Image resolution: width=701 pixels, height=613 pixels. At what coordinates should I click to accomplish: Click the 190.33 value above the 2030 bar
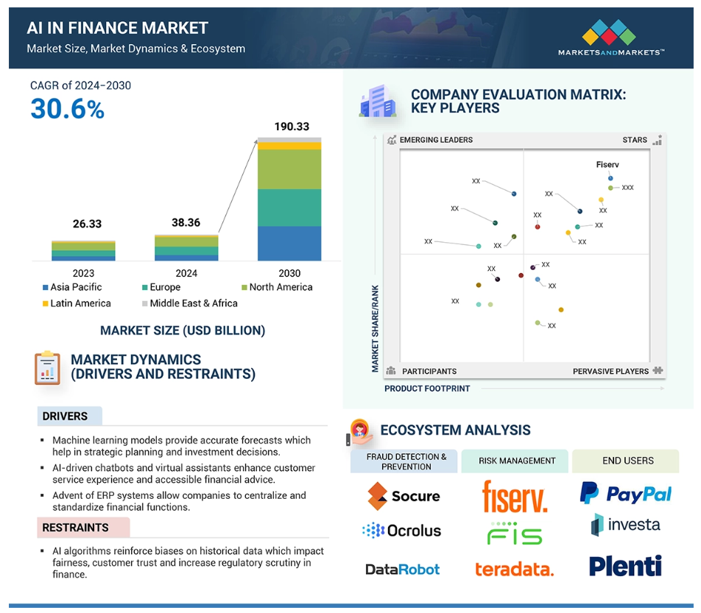(292, 127)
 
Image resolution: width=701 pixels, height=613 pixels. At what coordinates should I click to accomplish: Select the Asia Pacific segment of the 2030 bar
(289, 244)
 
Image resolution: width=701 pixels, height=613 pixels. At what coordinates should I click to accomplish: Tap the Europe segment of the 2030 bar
(289, 208)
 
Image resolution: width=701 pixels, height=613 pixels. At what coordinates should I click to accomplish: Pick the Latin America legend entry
(77, 303)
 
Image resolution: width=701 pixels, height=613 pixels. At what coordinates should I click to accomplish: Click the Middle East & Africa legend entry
(189, 303)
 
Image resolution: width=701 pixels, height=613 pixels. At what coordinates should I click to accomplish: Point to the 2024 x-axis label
(186, 273)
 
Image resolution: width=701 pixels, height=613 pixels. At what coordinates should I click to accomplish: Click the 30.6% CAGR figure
(68, 109)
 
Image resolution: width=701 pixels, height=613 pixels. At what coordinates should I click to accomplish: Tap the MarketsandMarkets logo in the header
(610, 38)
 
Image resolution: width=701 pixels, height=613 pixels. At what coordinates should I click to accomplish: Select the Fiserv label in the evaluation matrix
(607, 164)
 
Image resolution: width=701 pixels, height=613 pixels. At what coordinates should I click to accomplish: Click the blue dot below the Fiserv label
(610, 178)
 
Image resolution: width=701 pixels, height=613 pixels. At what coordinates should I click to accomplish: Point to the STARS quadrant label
(635, 140)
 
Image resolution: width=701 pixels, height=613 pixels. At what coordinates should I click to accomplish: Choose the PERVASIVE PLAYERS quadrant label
(610, 372)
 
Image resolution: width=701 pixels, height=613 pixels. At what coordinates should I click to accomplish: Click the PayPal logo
(625, 494)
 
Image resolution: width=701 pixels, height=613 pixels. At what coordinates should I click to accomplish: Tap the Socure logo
(404, 496)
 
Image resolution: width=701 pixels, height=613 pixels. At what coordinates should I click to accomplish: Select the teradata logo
(514, 570)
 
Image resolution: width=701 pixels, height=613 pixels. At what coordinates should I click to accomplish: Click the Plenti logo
(625, 566)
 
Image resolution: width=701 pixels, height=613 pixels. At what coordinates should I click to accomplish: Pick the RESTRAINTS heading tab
(84, 528)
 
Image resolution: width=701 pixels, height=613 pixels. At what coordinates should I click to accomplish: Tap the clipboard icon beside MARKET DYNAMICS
(47, 368)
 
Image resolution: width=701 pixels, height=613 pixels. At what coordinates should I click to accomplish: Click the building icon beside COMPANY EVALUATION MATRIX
(377, 101)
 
